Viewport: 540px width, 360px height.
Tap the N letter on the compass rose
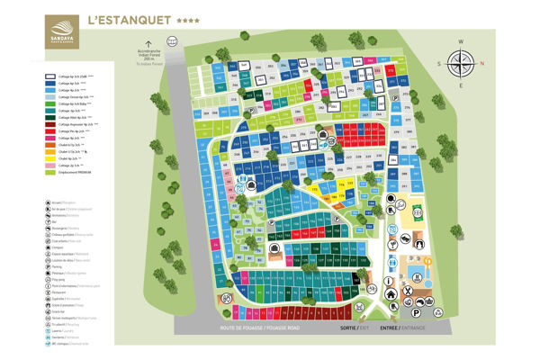click(x=481, y=62)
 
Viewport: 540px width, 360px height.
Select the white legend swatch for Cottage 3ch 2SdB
click(x=51, y=77)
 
